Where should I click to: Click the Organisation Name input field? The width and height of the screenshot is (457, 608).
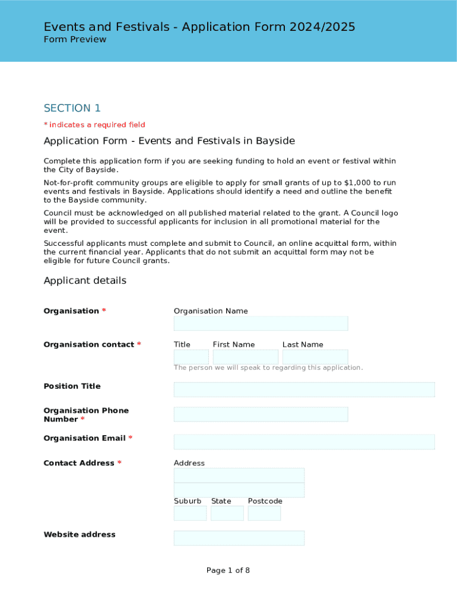click(261, 324)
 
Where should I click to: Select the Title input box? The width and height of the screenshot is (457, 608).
click(191, 357)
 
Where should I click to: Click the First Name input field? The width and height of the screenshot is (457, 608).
click(245, 357)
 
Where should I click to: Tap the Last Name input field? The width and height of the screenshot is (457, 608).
click(315, 357)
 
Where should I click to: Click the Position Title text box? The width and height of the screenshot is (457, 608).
click(304, 389)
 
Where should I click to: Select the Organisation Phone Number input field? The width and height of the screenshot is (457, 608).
click(261, 414)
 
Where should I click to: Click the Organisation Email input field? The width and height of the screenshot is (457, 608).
click(304, 442)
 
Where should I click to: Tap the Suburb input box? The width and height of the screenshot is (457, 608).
click(190, 513)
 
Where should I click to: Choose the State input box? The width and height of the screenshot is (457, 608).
click(227, 513)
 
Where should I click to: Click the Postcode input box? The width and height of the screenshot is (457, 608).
click(264, 513)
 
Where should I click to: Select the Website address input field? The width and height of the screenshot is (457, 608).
click(239, 538)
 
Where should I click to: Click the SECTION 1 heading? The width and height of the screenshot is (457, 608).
click(72, 108)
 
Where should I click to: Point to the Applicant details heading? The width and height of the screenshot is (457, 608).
click(85, 281)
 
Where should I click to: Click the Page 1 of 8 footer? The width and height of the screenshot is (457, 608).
click(228, 571)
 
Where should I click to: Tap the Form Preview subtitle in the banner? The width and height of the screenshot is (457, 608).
click(75, 40)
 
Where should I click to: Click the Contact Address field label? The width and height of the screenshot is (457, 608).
click(79, 463)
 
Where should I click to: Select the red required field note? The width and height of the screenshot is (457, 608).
click(94, 125)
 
